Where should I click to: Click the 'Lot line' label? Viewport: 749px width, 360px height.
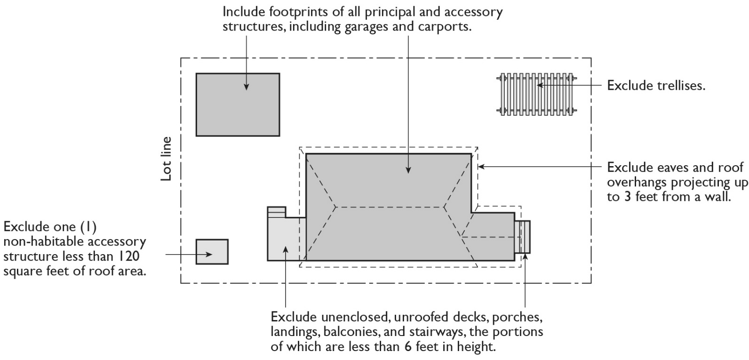pos(166,159)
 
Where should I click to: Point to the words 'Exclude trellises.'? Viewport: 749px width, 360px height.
pos(656,86)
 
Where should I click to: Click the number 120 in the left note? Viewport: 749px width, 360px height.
pos(129,256)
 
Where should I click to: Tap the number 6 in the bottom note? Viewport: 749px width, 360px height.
pos(407,347)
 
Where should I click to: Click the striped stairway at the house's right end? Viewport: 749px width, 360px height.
pos(523,237)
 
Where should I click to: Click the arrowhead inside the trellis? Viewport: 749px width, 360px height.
pos(540,85)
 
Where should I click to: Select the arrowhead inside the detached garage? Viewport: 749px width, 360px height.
pos(246,87)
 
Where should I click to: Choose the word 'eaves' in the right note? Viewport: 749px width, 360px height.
pos(661,168)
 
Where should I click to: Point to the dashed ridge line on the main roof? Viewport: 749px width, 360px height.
pos(390,207)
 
